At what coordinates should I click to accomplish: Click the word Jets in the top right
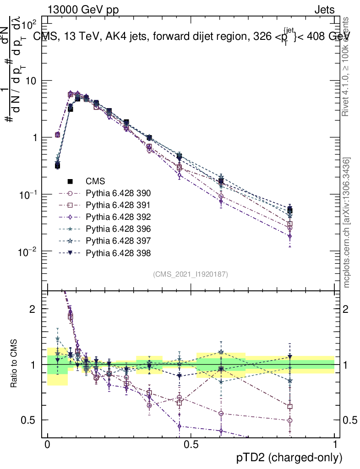pyautogui.click(x=324, y=10)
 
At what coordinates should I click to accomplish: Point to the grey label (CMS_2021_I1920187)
pyautogui.click(x=191, y=274)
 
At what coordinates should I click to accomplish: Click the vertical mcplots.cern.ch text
pyautogui.click(x=347, y=223)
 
